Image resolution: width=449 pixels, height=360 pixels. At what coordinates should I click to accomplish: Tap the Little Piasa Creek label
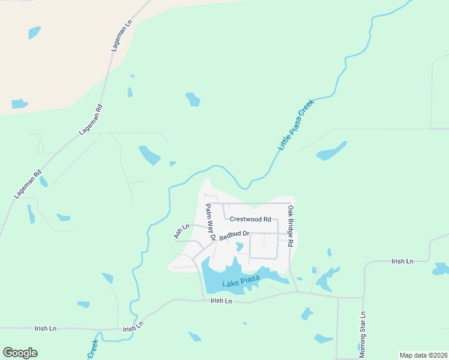click(x=297, y=124)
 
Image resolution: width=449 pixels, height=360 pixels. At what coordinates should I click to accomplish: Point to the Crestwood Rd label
click(x=251, y=220)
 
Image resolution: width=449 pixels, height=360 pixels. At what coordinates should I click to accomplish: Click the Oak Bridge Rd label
click(x=291, y=227)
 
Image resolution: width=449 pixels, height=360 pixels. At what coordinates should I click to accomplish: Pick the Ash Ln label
click(x=181, y=231)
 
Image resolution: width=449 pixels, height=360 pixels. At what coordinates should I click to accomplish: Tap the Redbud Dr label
click(x=234, y=235)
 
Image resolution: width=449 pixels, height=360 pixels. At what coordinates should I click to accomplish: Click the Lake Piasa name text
click(x=240, y=284)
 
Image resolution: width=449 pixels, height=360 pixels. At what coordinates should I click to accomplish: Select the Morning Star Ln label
click(x=363, y=334)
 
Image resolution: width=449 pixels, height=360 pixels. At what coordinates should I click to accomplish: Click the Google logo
click(x=20, y=353)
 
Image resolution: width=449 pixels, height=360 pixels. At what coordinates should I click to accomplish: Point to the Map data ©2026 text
click(x=423, y=355)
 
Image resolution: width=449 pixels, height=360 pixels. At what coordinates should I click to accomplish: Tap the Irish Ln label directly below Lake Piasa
click(x=221, y=301)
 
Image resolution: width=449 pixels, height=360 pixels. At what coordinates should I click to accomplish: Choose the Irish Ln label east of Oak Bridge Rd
click(x=402, y=262)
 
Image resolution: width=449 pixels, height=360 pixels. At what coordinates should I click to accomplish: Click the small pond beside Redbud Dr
click(x=240, y=247)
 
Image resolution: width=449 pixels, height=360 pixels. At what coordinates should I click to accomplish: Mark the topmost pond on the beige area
click(x=34, y=32)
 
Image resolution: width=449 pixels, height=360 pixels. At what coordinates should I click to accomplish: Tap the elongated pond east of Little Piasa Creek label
click(x=332, y=151)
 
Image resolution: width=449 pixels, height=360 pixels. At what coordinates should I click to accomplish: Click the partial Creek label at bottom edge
click(x=93, y=350)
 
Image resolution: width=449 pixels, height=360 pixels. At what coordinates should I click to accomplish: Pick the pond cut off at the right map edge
click(x=441, y=269)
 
